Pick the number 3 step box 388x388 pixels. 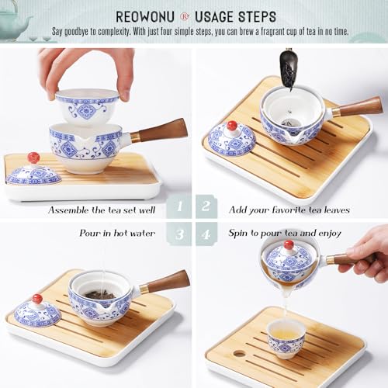pos(179,234)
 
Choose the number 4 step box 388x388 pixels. pos(206,234)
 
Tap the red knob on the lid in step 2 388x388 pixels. pos(231,126)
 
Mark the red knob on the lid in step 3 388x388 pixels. pos(37,299)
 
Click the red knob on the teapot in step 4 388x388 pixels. pos(288,244)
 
